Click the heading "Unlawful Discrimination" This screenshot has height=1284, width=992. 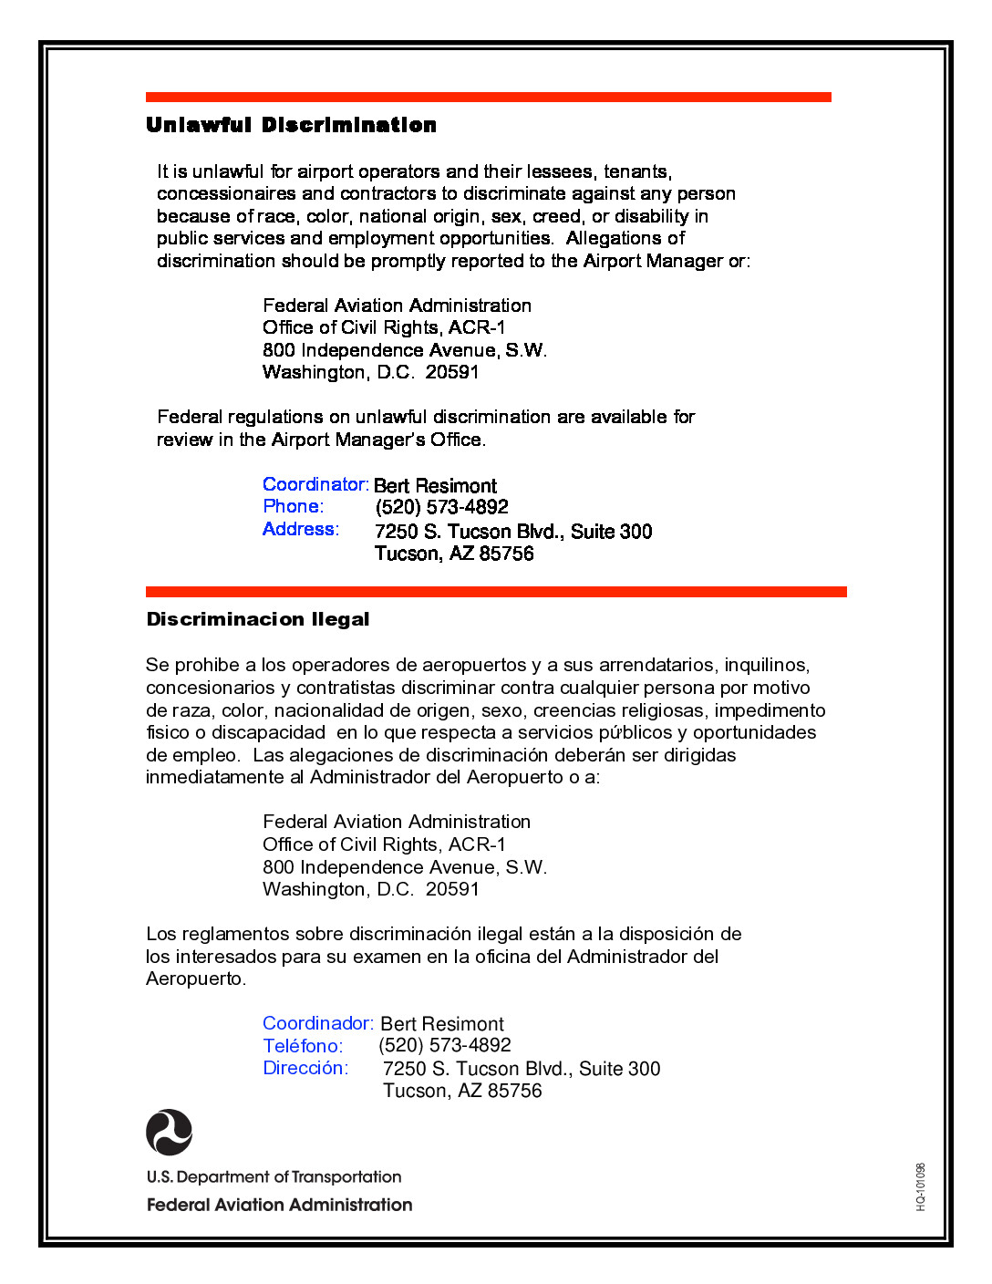[x=291, y=125]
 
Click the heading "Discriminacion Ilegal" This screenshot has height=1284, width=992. [x=258, y=619]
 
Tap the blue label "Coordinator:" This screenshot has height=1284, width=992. [x=315, y=484]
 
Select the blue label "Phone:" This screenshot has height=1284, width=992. [x=294, y=506]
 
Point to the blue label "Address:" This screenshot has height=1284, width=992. [x=301, y=529]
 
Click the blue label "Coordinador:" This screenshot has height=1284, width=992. [x=318, y=1023]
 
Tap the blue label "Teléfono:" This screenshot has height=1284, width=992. [x=303, y=1046]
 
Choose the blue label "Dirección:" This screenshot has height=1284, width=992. [x=305, y=1068]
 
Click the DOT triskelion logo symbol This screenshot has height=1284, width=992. [x=170, y=1132]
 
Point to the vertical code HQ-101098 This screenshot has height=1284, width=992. [x=921, y=1186]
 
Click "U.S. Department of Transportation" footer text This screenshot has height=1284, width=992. [x=274, y=1177]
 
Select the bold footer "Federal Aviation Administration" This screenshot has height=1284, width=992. [x=279, y=1205]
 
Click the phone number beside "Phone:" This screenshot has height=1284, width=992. [x=441, y=507]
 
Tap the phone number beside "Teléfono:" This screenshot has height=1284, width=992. [x=444, y=1045]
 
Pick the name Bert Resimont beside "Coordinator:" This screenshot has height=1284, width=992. [x=435, y=485]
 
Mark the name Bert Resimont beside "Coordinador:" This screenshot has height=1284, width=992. [x=441, y=1024]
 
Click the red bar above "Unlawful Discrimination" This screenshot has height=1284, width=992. [x=488, y=97]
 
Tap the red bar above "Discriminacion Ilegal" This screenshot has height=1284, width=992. [x=496, y=592]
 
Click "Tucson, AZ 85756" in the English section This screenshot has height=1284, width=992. [x=454, y=554]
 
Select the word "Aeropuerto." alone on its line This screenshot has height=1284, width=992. [x=196, y=979]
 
